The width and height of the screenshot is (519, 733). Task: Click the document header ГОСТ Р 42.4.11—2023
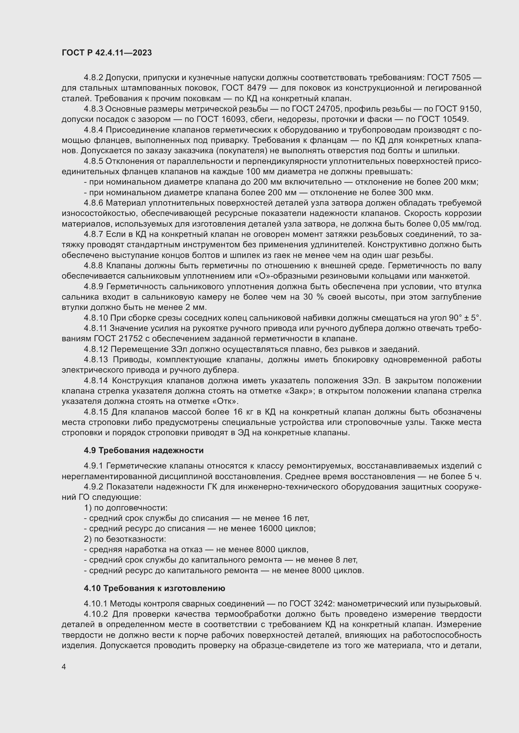tap(107, 53)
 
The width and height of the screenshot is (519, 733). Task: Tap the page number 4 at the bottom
tap(64, 667)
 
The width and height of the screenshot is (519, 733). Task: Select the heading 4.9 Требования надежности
tap(143, 450)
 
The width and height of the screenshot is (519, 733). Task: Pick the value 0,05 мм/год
tap(457, 224)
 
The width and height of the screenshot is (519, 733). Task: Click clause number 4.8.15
tap(96, 412)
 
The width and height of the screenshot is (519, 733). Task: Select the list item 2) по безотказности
tap(125, 539)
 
